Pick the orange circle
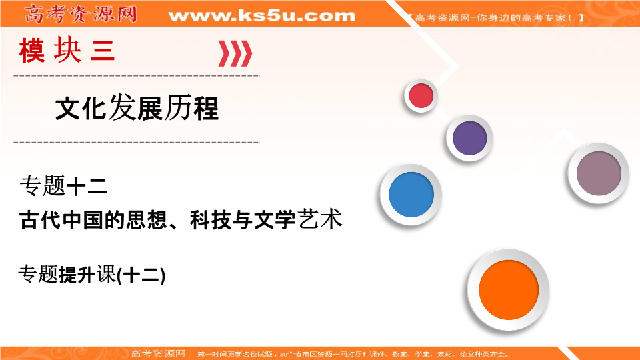(x=508, y=291)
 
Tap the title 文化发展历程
(x=136, y=108)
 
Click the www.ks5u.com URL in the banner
(x=261, y=15)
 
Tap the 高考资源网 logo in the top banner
(x=79, y=13)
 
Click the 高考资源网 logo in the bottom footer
(x=158, y=353)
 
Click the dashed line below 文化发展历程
(x=136, y=142)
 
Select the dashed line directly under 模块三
(x=136, y=75)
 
